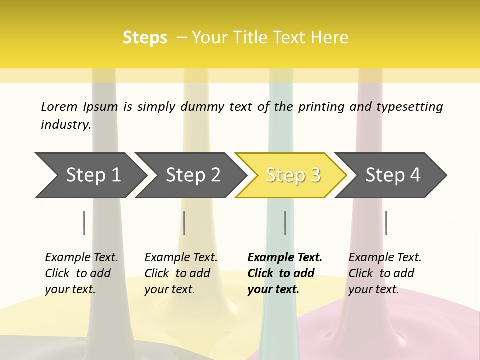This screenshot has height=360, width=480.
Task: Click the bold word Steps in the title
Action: click(x=145, y=38)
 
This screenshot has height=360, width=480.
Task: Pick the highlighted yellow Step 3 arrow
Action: click(x=292, y=175)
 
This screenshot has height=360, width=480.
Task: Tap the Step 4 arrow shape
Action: click(x=392, y=175)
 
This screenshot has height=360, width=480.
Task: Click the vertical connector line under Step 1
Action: click(x=84, y=223)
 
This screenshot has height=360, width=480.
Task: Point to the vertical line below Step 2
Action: click(x=184, y=223)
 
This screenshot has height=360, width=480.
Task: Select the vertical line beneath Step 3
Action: click(x=285, y=223)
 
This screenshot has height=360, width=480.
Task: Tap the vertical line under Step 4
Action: click(x=386, y=223)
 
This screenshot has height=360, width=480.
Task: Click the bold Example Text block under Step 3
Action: click(x=284, y=273)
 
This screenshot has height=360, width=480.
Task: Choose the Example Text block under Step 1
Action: click(x=81, y=273)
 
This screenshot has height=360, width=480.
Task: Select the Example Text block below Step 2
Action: click(x=181, y=273)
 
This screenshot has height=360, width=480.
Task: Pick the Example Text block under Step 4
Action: click(x=385, y=273)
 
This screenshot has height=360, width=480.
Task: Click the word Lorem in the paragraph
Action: click(x=59, y=107)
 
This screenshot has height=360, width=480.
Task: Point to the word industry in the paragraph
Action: click(x=65, y=125)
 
